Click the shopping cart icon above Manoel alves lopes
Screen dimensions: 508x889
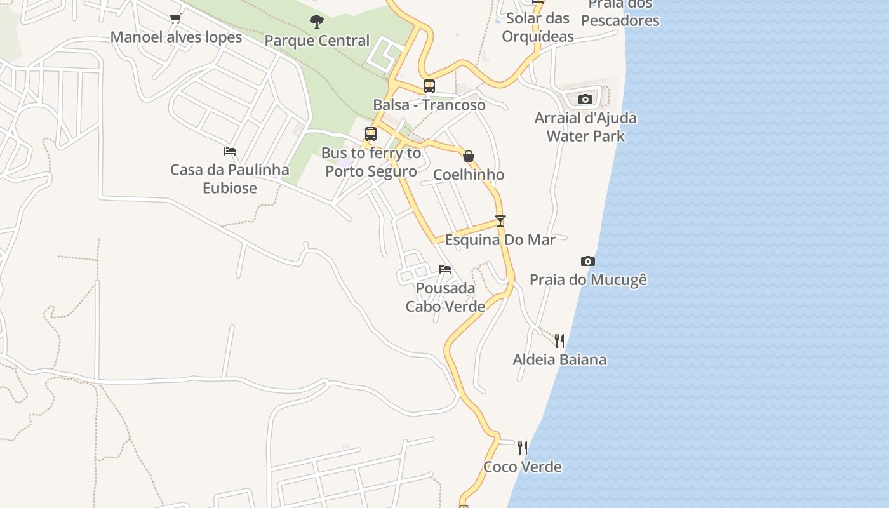click(x=176, y=18)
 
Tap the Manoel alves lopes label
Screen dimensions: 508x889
click(x=176, y=37)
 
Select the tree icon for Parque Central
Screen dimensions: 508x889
click(x=317, y=22)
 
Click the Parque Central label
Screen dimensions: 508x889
click(x=317, y=41)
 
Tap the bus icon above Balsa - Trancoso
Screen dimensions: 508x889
click(x=429, y=86)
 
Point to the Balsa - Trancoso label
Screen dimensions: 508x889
click(x=429, y=105)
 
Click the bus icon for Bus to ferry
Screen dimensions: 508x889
click(x=371, y=133)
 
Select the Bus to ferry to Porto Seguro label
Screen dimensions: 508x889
click(x=371, y=162)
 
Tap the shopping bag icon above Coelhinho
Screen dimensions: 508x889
click(x=469, y=156)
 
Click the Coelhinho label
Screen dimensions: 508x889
click(x=469, y=175)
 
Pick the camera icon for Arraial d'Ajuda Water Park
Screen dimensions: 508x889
click(x=585, y=99)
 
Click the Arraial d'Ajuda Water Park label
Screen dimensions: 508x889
click(x=585, y=127)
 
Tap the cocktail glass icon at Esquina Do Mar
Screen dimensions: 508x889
click(x=500, y=221)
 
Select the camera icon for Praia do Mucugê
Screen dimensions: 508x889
click(x=588, y=261)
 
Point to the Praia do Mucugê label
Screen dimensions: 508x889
click(x=588, y=280)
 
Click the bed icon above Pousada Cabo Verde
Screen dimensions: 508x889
click(x=445, y=269)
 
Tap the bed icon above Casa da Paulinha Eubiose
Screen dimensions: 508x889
click(x=230, y=151)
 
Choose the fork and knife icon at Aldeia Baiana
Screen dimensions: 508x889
click(x=559, y=341)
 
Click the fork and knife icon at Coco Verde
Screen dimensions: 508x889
click(x=523, y=448)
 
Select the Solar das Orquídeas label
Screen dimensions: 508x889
click(x=538, y=27)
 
